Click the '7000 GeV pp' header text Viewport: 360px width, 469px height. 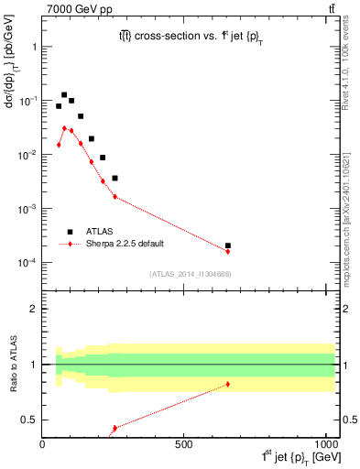coord(72,10)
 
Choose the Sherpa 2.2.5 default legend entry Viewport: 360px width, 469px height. coord(124,244)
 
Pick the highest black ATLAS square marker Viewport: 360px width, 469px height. coord(64,94)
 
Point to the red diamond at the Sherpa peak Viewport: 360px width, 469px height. coord(64,128)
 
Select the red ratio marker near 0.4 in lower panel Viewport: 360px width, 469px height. coord(115,428)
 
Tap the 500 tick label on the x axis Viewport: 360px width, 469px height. coord(184,443)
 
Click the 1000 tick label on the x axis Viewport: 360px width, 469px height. coord(323,443)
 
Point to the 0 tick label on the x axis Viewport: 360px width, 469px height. coord(43,443)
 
